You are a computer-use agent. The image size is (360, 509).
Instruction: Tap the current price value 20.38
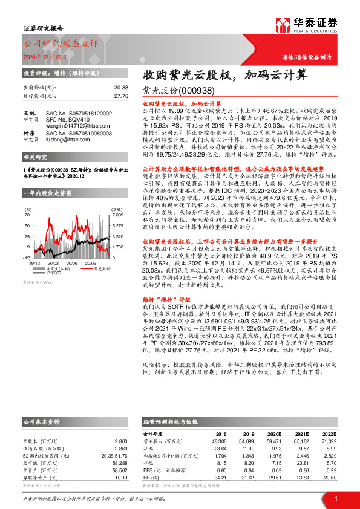click(x=121, y=87)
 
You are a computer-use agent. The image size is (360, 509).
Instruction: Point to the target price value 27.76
click(x=121, y=95)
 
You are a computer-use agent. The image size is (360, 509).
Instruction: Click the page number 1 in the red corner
click(x=335, y=498)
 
